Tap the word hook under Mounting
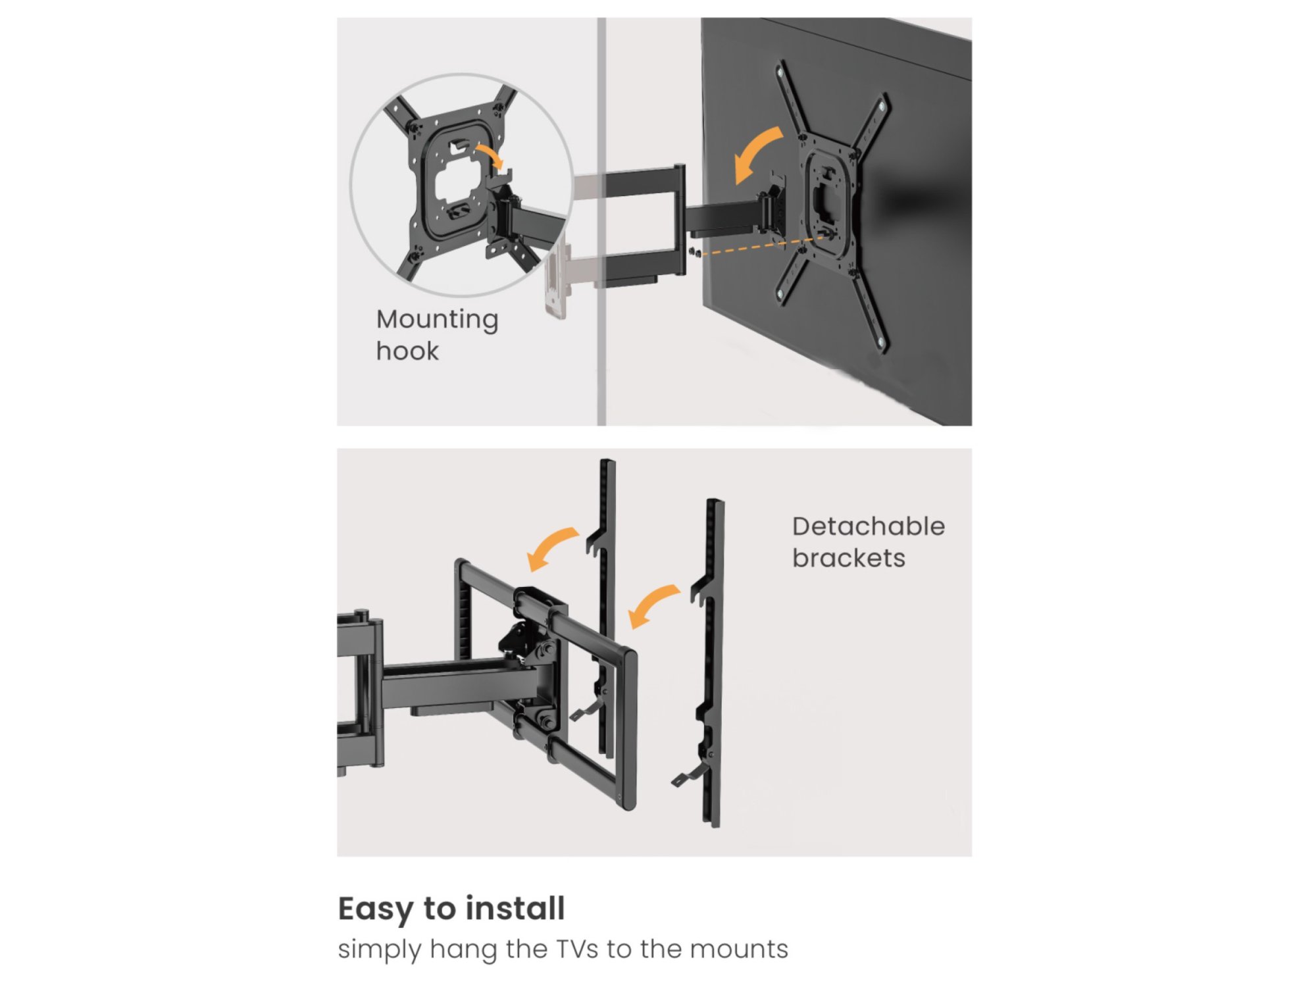[x=407, y=351]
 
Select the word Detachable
[x=869, y=526]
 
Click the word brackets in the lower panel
[x=849, y=558]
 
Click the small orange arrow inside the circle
[x=490, y=156]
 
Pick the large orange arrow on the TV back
[x=755, y=154]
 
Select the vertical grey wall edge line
[x=601, y=221]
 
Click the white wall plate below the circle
[x=556, y=279]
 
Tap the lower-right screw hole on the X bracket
[x=880, y=342]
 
